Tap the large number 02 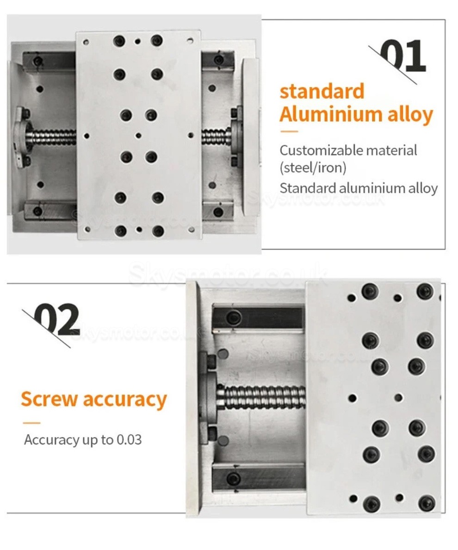coord(59,320)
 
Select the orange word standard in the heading coord(322,91)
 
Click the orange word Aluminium coord(330,114)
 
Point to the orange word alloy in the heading coord(409,114)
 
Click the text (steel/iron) coord(313,167)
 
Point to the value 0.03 coord(129,439)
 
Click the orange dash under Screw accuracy coord(31,423)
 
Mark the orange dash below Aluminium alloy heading coord(289,131)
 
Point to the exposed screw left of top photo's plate coord(53,136)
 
